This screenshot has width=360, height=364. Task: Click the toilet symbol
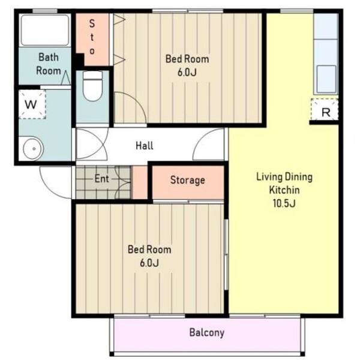click(93, 86)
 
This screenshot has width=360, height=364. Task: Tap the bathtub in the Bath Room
click(45, 30)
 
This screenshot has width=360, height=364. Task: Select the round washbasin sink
click(34, 149)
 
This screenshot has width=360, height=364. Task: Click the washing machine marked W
click(32, 104)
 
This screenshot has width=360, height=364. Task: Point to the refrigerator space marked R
click(325, 110)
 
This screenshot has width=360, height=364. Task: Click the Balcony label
click(207, 332)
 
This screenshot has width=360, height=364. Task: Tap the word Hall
click(145, 146)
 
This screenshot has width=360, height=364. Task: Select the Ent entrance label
click(101, 179)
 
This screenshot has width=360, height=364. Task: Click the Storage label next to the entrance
click(188, 180)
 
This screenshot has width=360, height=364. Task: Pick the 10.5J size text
click(284, 203)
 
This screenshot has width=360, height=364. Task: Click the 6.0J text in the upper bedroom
click(187, 73)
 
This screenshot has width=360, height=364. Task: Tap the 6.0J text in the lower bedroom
click(149, 263)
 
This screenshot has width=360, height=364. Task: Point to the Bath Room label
click(49, 64)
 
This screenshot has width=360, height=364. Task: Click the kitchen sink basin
click(326, 79)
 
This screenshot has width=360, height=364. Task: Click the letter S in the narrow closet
click(92, 23)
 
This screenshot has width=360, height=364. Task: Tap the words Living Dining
click(284, 178)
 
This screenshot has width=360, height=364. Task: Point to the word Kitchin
click(284, 190)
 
